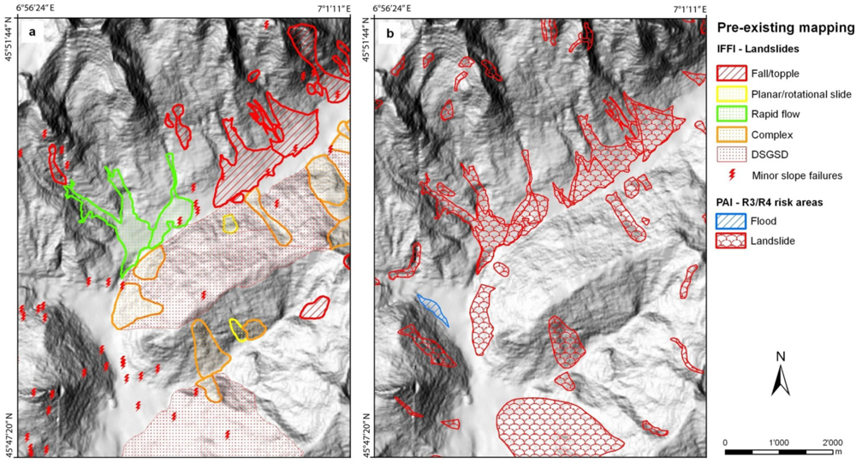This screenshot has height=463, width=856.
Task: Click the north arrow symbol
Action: pos(780,377)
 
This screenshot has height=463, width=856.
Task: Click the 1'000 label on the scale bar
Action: pos(779,442)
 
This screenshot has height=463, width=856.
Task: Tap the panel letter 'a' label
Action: pos(32,33)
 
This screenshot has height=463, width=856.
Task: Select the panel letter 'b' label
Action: pos(389,33)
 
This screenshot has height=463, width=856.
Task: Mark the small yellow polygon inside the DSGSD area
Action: pos(229,224)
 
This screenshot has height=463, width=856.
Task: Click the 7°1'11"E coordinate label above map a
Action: pos(332,9)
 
